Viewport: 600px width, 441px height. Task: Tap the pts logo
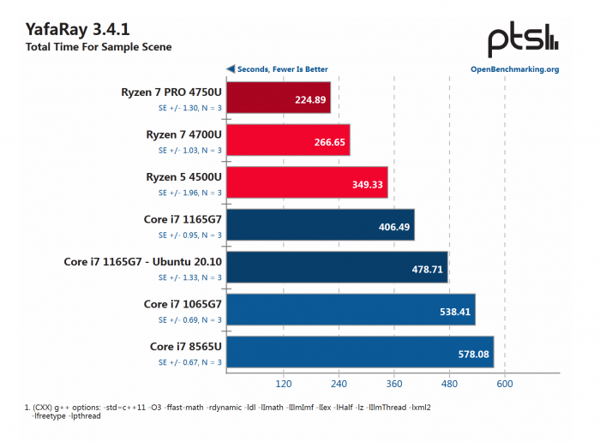point(524,39)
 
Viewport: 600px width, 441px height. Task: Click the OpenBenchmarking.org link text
point(514,69)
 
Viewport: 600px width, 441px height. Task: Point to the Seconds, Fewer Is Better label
point(277,69)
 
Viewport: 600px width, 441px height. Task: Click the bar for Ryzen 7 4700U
point(287,140)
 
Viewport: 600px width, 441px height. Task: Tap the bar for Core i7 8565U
point(360,352)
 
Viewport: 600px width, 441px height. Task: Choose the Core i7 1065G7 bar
point(351,309)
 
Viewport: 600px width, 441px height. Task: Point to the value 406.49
point(393,226)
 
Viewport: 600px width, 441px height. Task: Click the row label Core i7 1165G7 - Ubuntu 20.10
point(143,261)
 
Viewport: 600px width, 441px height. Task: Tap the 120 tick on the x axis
point(284,383)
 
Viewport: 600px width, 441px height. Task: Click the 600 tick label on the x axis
point(505,383)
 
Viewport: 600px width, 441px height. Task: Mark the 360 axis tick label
point(394,383)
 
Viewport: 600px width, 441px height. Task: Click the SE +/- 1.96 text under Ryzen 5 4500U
point(190,193)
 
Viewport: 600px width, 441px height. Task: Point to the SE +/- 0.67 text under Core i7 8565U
point(190,362)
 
